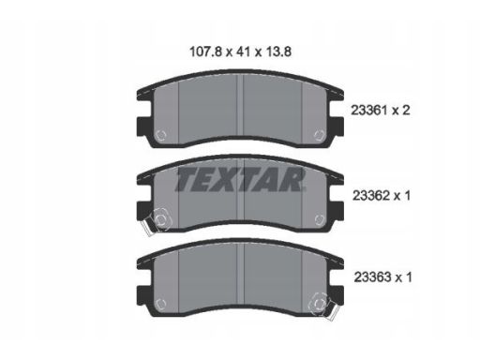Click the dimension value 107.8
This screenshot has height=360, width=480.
(x=205, y=52)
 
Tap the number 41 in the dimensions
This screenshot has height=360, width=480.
(x=244, y=52)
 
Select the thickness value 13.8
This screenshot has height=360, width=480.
(x=278, y=52)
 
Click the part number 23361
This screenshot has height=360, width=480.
(x=369, y=111)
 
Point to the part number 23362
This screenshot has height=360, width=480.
(x=371, y=196)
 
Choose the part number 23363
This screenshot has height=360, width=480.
(x=372, y=277)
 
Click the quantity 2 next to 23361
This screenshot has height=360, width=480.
(x=405, y=111)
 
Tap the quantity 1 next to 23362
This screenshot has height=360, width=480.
(x=407, y=196)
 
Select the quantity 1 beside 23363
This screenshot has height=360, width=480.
(x=408, y=277)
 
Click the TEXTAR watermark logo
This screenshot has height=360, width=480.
(x=240, y=179)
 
